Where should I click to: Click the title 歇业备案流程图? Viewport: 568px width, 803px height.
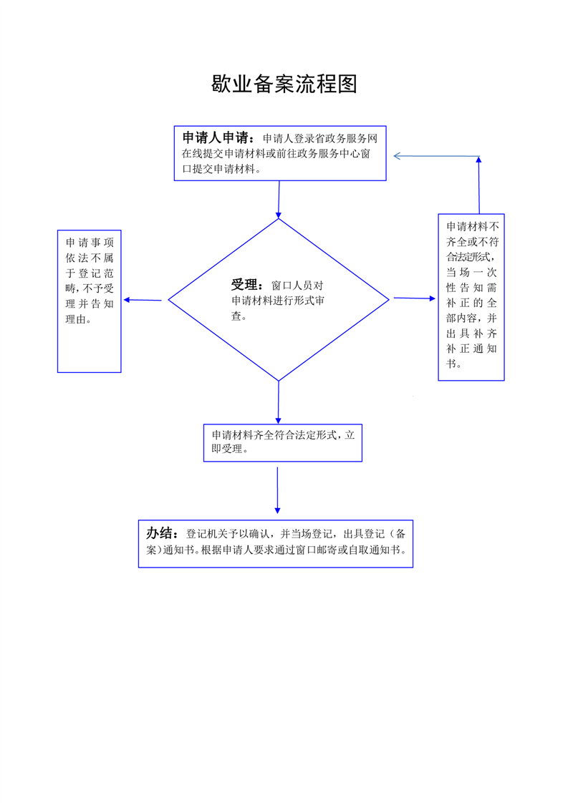coord(284,84)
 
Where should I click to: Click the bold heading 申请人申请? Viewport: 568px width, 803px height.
coord(216,137)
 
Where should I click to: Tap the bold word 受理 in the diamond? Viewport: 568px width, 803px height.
coord(244,285)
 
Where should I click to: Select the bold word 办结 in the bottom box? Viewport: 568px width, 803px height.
coord(159,533)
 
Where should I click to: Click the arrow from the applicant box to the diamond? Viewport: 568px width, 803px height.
coord(279,200)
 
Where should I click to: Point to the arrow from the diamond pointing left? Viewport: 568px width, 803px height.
coord(143,300)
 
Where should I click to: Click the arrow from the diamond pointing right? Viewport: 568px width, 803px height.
coord(414,298)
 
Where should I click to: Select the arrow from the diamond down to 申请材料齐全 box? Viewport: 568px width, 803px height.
coord(279,402)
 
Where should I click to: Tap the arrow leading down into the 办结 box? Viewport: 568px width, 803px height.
coord(277,490)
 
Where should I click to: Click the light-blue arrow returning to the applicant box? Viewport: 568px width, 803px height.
coord(436,156)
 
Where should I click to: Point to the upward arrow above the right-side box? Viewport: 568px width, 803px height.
coord(478,185)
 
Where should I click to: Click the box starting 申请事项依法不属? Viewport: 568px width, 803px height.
coord(90,301)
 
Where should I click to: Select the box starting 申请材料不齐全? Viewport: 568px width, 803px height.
coord(471,297)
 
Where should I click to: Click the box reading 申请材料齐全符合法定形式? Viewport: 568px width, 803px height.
coord(283,443)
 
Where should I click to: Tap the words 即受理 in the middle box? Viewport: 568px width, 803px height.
coord(226,449)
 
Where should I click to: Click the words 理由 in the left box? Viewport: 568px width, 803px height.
coord(75,319)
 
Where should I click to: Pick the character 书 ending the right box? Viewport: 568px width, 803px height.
coord(451,364)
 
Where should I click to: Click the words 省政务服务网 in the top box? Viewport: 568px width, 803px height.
coord(346,138)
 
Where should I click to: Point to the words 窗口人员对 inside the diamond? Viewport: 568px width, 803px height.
coord(297,286)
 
